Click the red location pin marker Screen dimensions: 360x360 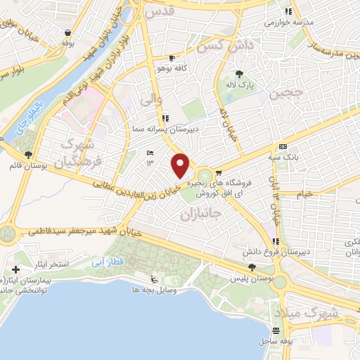point(181,165)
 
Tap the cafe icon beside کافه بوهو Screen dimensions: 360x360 point(172,58)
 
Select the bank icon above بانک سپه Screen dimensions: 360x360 point(283,146)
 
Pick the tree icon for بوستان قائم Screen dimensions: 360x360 point(27,155)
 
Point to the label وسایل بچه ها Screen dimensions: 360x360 point(155,289)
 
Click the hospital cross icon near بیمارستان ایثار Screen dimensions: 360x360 point(15,269)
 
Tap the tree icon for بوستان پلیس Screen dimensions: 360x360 point(252,266)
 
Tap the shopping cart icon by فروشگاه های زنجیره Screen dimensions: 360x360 point(219,173)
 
